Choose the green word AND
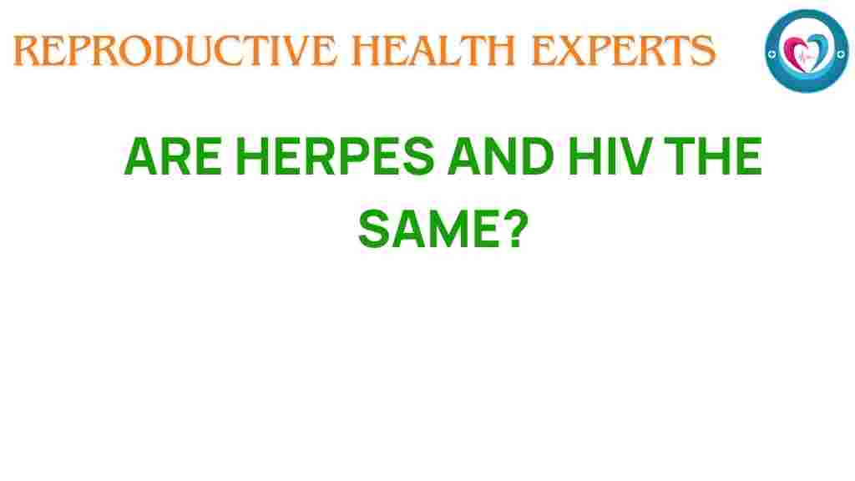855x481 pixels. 497,158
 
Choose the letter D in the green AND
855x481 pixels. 529,158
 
